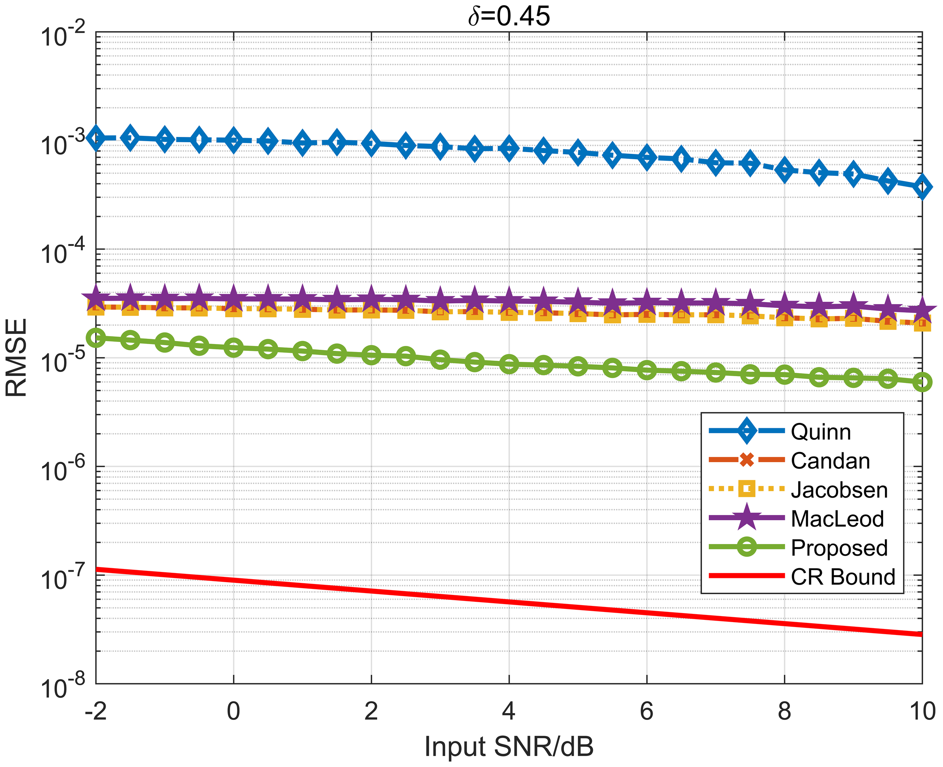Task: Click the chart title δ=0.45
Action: [x=509, y=17]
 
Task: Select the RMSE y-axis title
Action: [x=17, y=358]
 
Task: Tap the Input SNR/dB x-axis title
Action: [x=509, y=747]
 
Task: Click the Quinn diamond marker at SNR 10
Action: [x=922, y=187]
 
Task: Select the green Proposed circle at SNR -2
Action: [x=96, y=338]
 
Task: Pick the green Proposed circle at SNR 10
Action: [x=922, y=382]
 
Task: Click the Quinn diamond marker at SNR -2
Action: [x=96, y=138]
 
